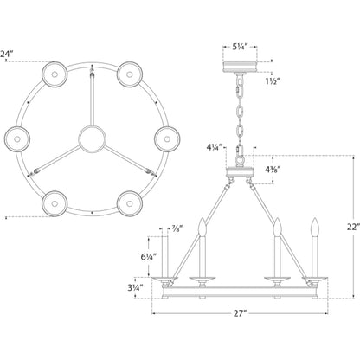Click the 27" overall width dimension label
[239, 313]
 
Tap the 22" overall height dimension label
[354, 227]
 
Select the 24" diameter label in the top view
[6, 54]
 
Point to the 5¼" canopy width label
[240, 47]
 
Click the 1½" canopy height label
[273, 81]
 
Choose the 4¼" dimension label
[215, 148]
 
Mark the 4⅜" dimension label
[273, 170]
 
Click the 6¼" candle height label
[149, 256]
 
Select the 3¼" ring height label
[136, 288]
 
